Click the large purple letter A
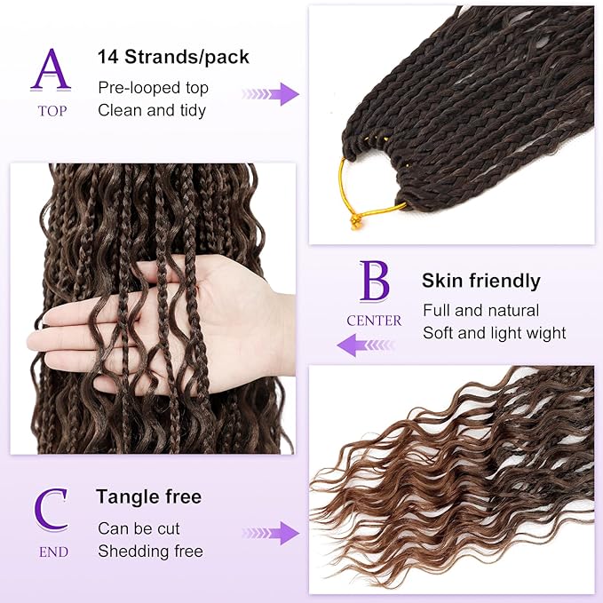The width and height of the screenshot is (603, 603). (x=51, y=69)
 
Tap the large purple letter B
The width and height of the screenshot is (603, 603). (x=374, y=281)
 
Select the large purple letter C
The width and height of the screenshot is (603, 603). (x=52, y=512)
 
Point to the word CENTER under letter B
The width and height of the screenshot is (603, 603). (x=374, y=321)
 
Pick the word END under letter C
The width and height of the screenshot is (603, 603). (x=52, y=552)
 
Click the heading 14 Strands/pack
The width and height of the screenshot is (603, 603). (x=173, y=58)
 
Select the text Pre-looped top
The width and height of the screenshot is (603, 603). (x=153, y=88)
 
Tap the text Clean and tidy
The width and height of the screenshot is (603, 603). (x=152, y=110)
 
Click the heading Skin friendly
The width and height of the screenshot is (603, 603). (x=480, y=282)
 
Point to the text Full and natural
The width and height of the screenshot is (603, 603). (x=480, y=311)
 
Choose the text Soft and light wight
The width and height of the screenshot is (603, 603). (x=494, y=333)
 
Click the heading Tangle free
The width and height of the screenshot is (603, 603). (x=149, y=496)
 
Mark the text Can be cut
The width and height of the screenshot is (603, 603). (x=139, y=528)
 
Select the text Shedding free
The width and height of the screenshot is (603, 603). (x=150, y=551)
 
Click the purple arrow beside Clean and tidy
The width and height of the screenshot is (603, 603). (x=271, y=94)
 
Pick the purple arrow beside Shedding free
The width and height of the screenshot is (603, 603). (x=271, y=533)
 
